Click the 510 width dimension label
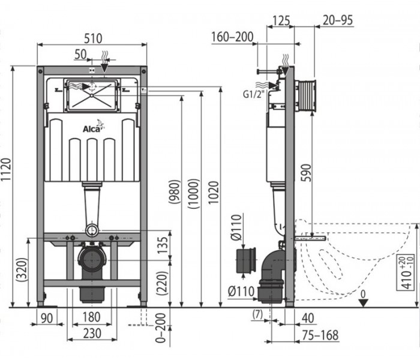point(93,38)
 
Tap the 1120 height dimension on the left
point(6,169)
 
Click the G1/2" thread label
point(253,94)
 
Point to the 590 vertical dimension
point(307,173)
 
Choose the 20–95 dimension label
point(337,20)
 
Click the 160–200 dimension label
point(232,37)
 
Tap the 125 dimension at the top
point(281,20)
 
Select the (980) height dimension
point(175,192)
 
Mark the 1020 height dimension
point(214,193)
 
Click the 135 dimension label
point(163,245)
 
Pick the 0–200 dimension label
point(161,328)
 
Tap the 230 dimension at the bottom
point(92,334)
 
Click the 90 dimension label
point(47,318)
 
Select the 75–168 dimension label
point(320,335)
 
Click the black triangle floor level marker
point(363,303)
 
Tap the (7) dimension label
point(257,314)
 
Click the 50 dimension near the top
point(80,55)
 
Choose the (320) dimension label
point(22,269)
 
